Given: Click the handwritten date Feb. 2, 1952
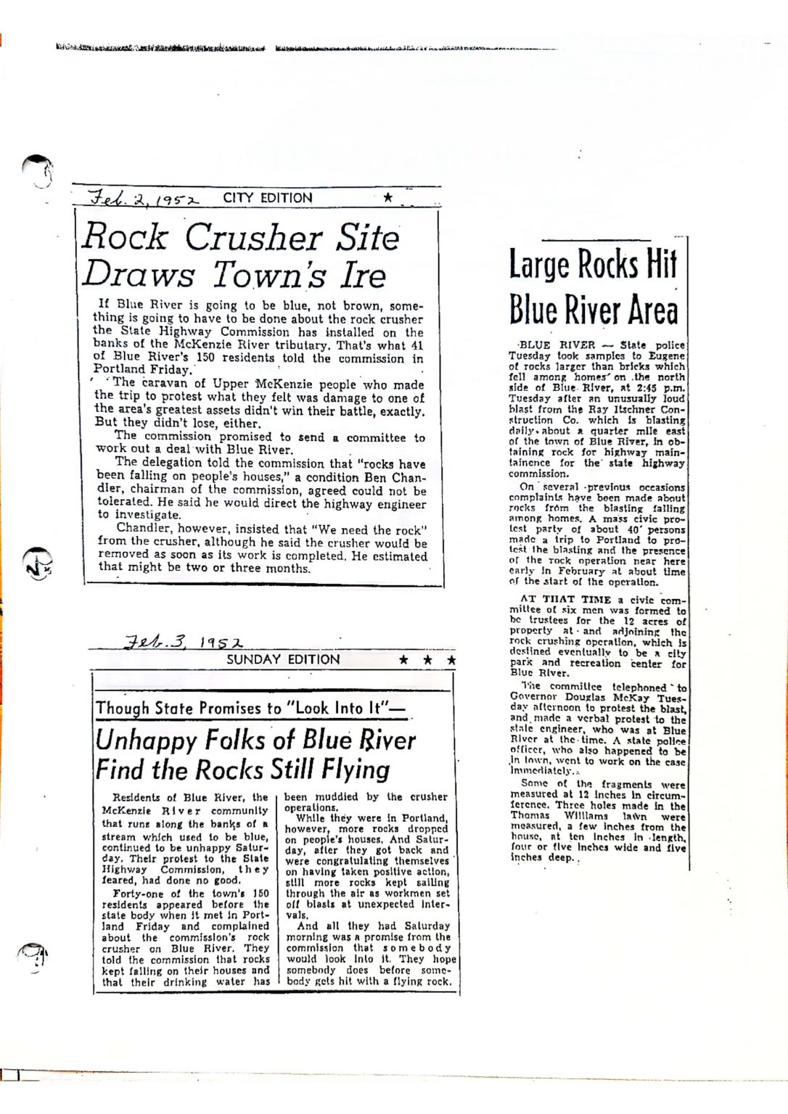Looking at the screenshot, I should tap(143, 198).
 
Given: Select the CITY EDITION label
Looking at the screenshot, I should tap(267, 198).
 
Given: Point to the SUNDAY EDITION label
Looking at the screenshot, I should tap(283, 659).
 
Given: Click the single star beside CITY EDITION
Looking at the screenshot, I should tap(388, 197).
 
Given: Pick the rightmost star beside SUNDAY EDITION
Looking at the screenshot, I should tap(451, 660).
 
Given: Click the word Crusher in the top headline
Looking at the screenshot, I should tap(253, 237).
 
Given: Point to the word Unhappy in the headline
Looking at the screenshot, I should tap(146, 740).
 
